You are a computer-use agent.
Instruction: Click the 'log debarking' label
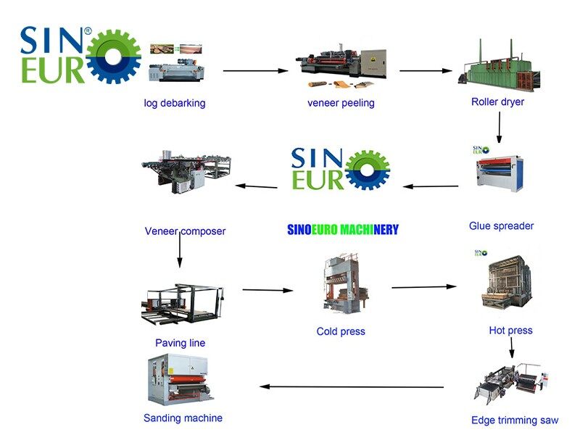174,103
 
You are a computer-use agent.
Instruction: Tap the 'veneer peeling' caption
341,103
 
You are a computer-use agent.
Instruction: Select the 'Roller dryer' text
497,101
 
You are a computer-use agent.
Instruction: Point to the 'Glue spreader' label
501,226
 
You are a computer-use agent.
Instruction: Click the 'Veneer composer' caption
185,231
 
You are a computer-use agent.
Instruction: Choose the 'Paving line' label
180,343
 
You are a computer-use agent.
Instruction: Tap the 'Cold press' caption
341,331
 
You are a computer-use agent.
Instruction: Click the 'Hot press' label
510,331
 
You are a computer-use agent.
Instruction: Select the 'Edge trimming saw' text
515,420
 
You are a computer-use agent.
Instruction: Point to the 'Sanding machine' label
183,418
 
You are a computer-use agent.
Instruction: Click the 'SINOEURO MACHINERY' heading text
343,230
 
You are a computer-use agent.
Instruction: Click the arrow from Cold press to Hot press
424,287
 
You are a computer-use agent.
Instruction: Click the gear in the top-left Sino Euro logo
113,55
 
